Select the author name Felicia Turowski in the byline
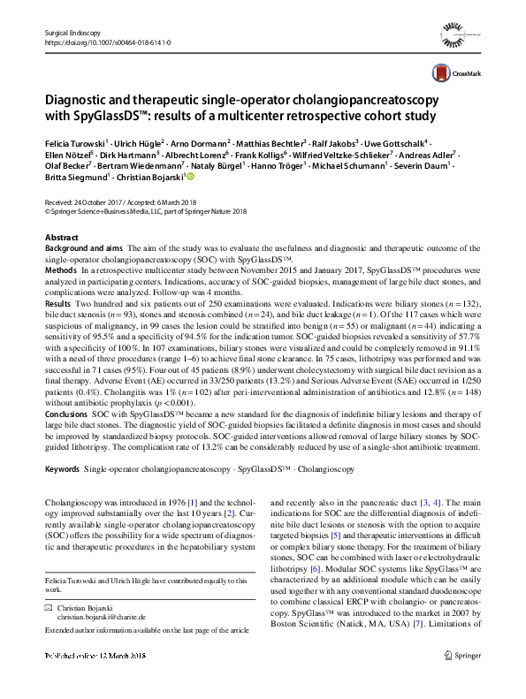[74, 141]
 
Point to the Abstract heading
[61, 239]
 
